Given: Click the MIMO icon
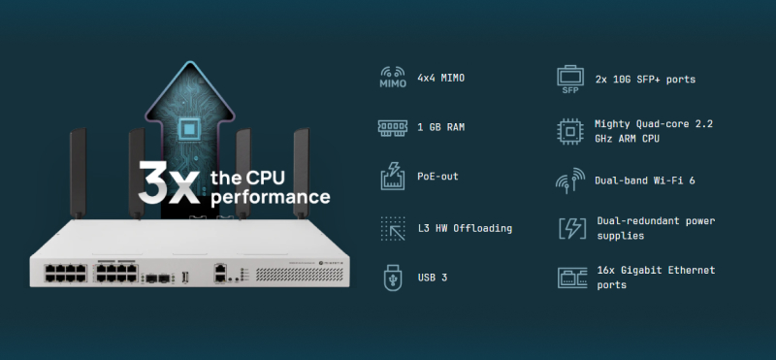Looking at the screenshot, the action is click(x=393, y=78).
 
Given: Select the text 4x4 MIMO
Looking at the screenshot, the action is click(x=441, y=78).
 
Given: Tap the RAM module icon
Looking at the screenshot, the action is click(x=393, y=127).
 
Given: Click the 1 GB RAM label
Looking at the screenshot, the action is click(x=441, y=127).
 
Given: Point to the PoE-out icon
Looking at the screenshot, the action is click(x=393, y=177).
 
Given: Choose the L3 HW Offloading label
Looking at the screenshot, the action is click(x=465, y=228).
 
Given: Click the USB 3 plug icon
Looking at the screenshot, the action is click(x=393, y=278).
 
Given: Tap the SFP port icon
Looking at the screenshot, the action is click(x=570, y=80).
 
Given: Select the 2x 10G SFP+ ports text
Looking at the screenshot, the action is click(x=645, y=80).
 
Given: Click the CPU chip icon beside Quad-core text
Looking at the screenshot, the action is click(x=570, y=131).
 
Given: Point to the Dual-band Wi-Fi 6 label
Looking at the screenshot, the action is click(x=645, y=180).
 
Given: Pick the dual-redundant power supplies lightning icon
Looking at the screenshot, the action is click(x=572, y=228).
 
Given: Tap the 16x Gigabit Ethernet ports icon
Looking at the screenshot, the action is click(x=572, y=278).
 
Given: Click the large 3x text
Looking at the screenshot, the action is click(x=169, y=182).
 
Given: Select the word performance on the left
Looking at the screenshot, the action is click(x=271, y=197).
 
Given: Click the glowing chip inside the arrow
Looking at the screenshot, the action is click(x=188, y=130).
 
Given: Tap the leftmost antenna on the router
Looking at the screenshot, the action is click(x=78, y=174).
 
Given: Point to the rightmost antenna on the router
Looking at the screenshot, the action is click(x=301, y=173).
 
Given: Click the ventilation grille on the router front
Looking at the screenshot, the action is click(x=299, y=275).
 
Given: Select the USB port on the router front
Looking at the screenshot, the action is click(x=185, y=278).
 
